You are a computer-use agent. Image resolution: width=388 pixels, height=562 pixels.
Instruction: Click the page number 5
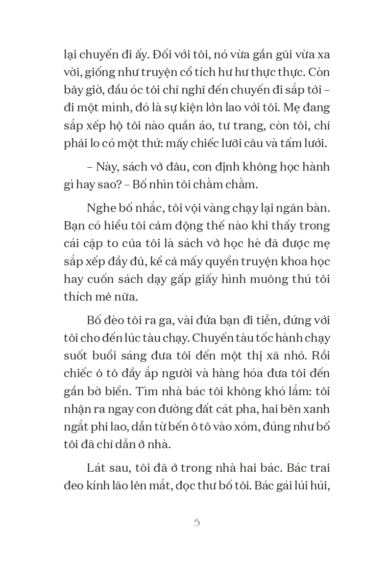coord(197,523)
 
